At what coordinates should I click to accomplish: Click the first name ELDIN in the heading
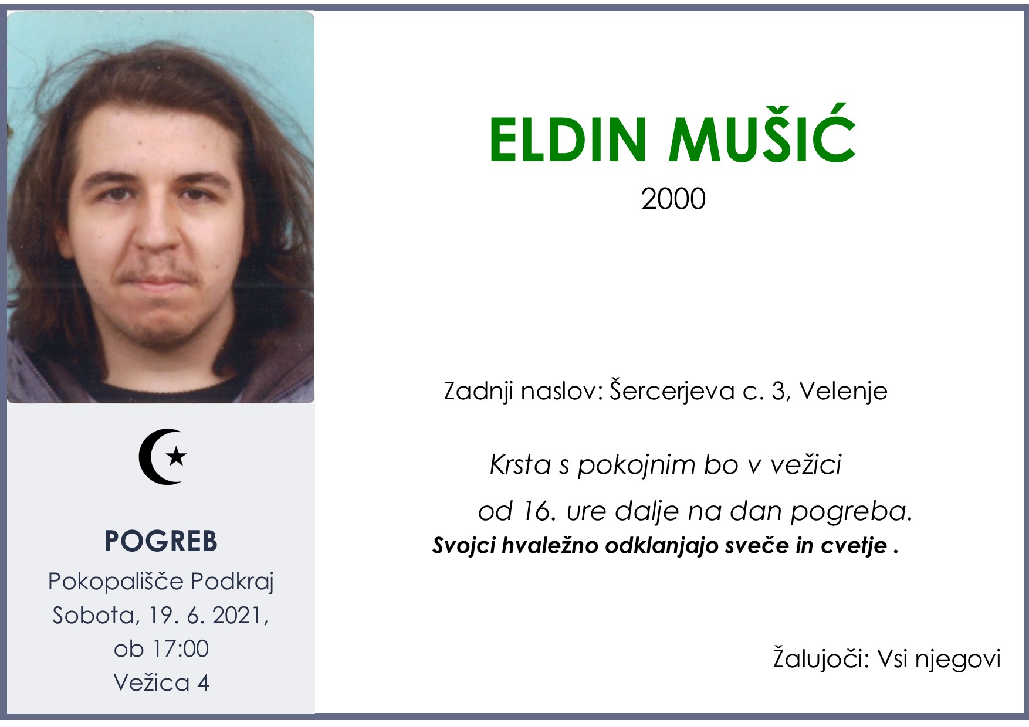pos(567,141)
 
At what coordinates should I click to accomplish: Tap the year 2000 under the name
pos(673,199)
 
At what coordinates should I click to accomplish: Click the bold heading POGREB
pos(161,541)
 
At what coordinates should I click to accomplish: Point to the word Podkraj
pos(232,582)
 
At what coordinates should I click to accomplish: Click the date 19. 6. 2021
pos(208,615)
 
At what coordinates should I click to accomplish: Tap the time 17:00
pos(180,649)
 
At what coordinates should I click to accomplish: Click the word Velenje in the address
pos(843,391)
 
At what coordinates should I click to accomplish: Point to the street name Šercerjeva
pos(672,391)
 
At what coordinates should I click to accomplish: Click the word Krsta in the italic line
pos(520,465)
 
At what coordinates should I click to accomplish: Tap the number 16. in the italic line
pos(537,511)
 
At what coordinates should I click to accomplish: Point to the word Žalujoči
pos(820,658)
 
